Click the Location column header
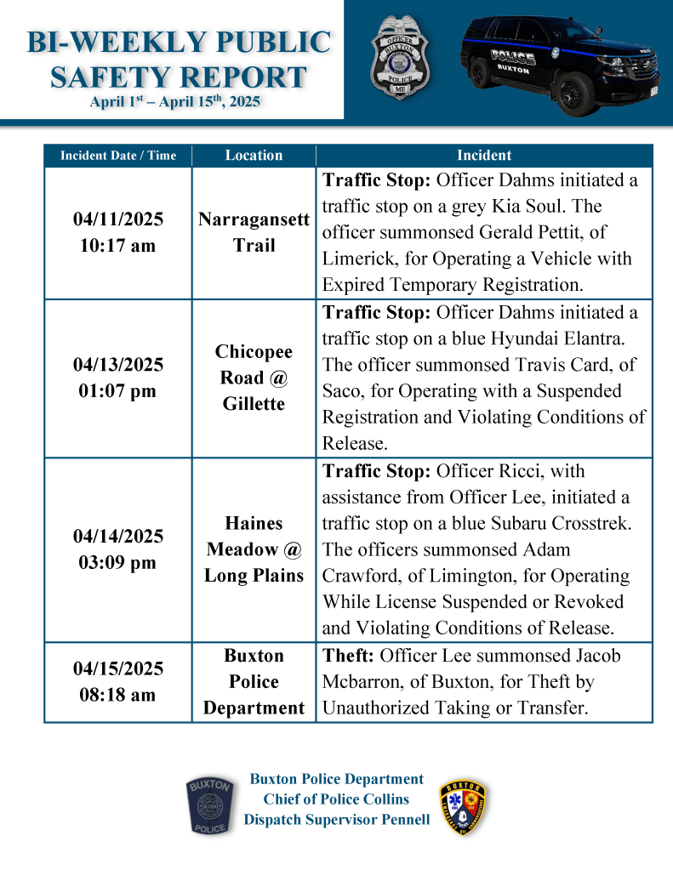[254, 156]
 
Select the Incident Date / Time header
[118, 156]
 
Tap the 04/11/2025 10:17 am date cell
[118, 233]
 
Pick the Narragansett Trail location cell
[254, 233]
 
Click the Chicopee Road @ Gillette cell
[254, 378]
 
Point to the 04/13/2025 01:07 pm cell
[118, 378]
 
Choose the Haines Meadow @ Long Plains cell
[254, 549]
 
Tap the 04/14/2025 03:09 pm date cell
[118, 549]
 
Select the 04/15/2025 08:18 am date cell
[118, 681]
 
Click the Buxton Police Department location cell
[254, 681]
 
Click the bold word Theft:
[349, 656]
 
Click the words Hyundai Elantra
[556, 338]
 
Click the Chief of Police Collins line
[336, 799]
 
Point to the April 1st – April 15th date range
[174, 104]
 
